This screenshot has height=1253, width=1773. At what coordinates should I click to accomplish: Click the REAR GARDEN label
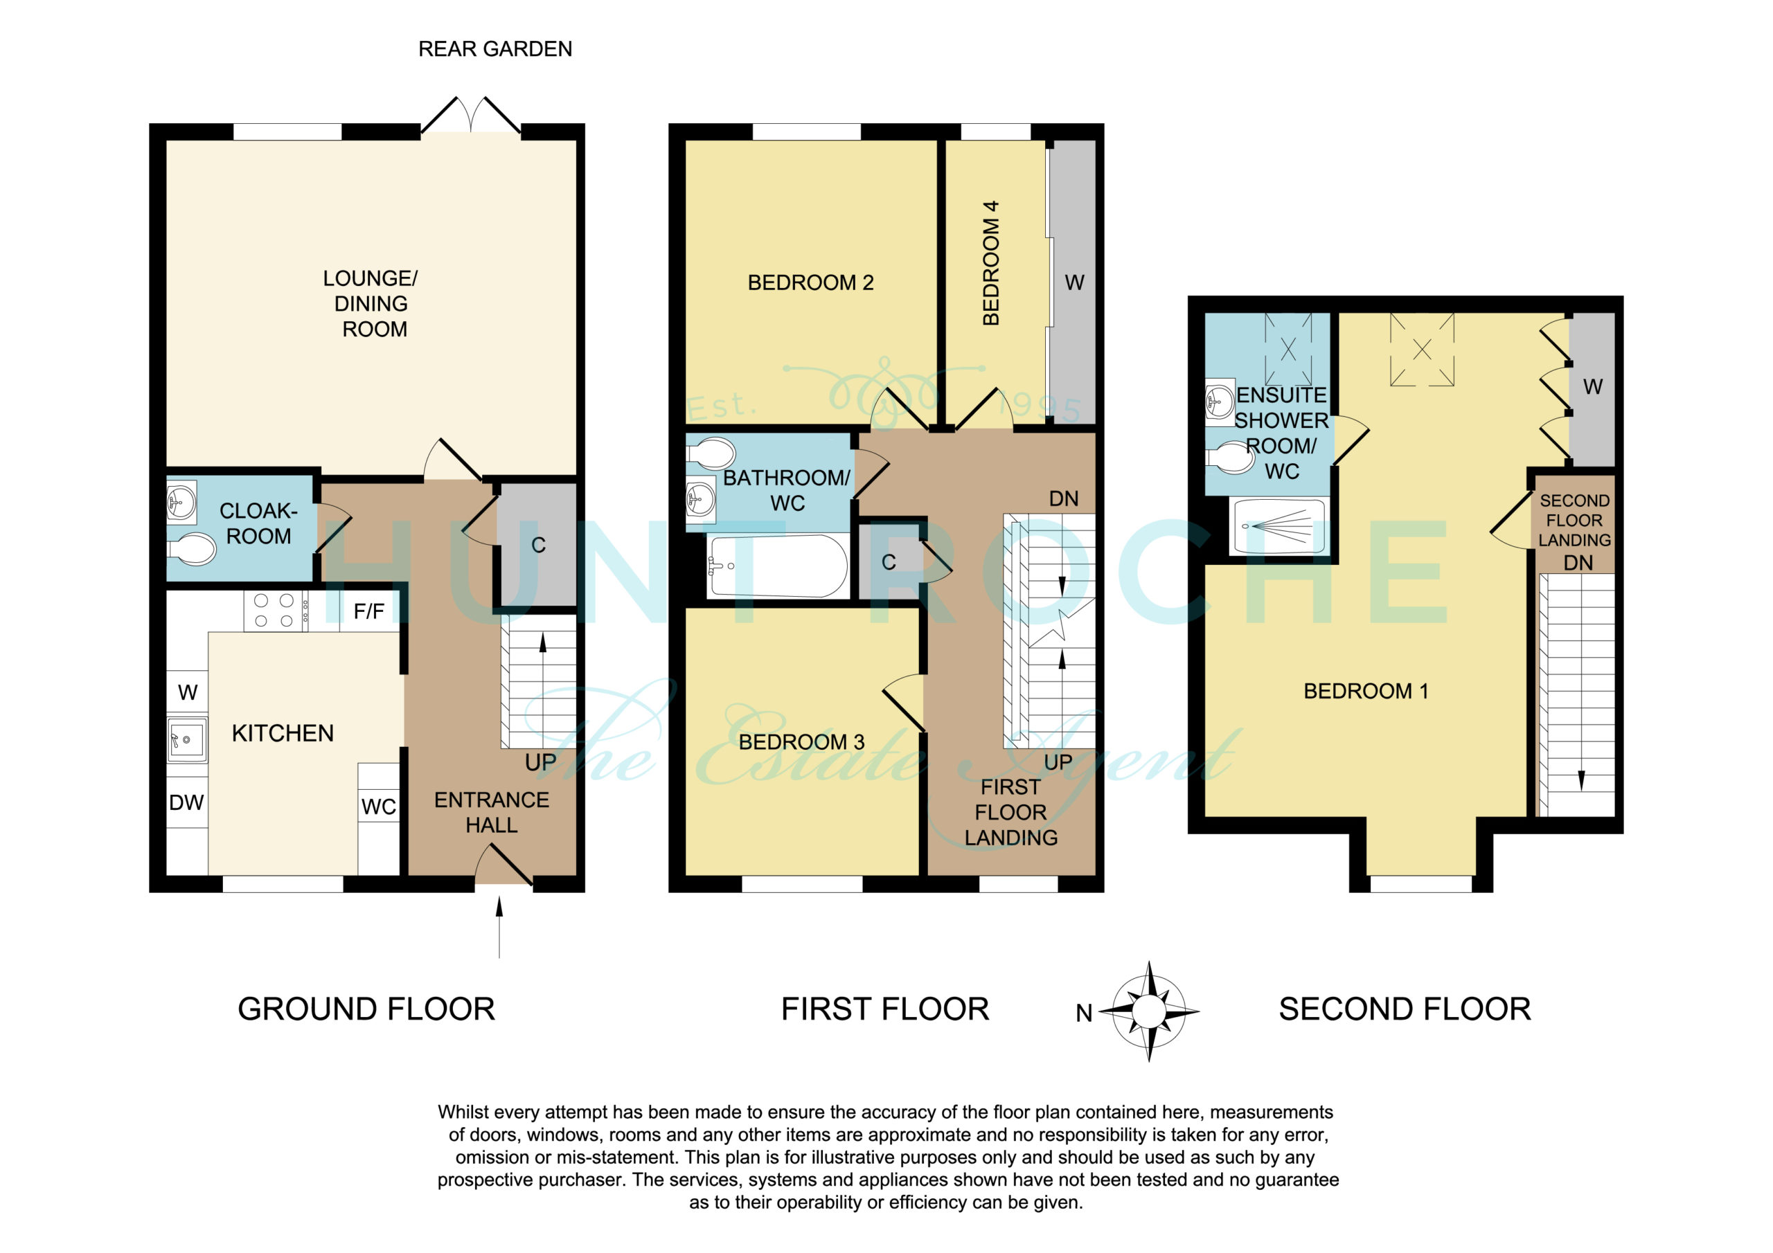[x=495, y=49]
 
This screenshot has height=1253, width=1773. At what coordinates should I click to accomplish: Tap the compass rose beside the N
[x=1149, y=1011]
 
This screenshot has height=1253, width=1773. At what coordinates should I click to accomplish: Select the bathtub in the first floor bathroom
[x=778, y=566]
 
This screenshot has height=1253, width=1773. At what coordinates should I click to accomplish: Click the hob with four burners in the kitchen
[x=276, y=611]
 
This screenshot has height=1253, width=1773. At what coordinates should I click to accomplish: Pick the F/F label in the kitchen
[x=368, y=612]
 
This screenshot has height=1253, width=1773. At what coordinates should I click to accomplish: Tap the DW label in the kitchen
[x=186, y=803]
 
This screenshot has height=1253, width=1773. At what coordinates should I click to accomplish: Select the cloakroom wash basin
[x=181, y=501]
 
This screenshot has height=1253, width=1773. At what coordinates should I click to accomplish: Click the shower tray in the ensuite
[x=1278, y=527]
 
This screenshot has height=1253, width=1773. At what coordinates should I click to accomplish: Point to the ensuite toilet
[x=1229, y=458]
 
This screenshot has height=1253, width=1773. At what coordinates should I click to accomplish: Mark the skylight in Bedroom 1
[x=1422, y=350]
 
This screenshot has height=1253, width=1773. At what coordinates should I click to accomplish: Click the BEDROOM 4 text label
[x=991, y=262]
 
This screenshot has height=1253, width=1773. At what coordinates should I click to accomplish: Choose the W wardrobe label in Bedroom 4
[x=1074, y=282]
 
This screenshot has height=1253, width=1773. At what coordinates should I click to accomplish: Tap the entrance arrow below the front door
[x=499, y=927]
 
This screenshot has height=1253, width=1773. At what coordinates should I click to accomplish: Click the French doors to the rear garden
[x=470, y=116]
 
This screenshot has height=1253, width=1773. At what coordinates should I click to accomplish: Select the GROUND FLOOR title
[x=366, y=1009]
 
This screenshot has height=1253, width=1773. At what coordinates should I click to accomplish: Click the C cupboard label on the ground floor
[x=538, y=545]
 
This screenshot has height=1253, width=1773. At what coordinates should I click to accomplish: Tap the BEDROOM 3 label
[x=801, y=742]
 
